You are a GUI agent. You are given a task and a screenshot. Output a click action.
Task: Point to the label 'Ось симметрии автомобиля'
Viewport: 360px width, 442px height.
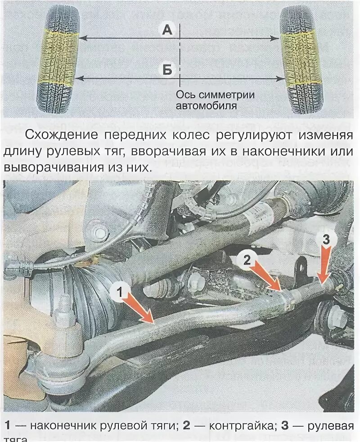(x=215, y=100)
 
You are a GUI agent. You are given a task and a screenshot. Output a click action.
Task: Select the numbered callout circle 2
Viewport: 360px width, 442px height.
(x=247, y=260)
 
